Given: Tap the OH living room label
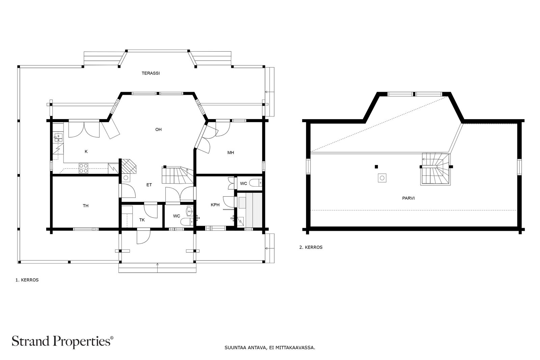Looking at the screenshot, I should (x=158, y=130).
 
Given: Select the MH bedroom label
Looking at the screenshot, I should (x=231, y=153).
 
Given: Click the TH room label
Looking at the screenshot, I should (x=86, y=205).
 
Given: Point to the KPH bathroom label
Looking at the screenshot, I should (x=215, y=205).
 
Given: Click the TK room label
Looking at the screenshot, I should (x=142, y=220).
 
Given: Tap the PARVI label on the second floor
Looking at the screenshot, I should (x=408, y=198).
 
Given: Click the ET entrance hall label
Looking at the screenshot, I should (x=149, y=185).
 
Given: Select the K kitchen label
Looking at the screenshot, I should (x=86, y=151).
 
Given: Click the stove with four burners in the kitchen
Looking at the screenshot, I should (x=83, y=168).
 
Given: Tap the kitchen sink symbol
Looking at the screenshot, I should (x=58, y=137).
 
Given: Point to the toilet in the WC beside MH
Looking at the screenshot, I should (x=256, y=183).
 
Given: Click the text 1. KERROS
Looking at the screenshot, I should (x=27, y=280).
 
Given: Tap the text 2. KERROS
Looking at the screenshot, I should (x=311, y=247).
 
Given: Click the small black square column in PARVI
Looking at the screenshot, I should (x=376, y=166).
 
